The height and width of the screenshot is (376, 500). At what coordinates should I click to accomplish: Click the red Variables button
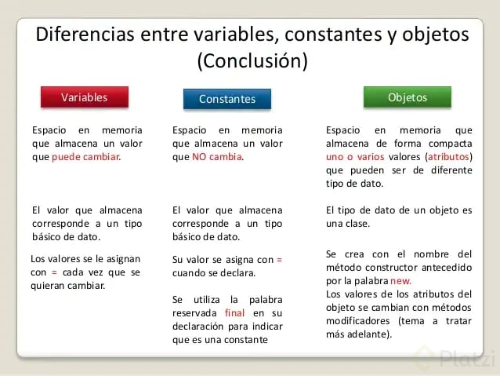coord(84,97)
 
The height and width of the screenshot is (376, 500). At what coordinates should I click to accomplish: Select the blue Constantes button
coord(226,99)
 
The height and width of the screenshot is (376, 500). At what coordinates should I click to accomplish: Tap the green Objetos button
coord(408,97)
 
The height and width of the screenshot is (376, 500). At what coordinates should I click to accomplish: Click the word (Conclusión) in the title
coord(252,60)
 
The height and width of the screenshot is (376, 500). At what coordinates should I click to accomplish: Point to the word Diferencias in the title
coord(85,35)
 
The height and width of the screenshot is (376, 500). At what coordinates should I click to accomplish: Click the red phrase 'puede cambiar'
coord(86,156)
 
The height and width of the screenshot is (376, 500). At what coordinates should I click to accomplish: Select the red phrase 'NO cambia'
coord(217,156)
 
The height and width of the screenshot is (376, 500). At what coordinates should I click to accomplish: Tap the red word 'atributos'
coord(449,156)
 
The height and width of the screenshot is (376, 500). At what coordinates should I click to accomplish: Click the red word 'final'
coord(234,313)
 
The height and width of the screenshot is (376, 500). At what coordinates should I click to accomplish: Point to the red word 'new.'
coord(399,280)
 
